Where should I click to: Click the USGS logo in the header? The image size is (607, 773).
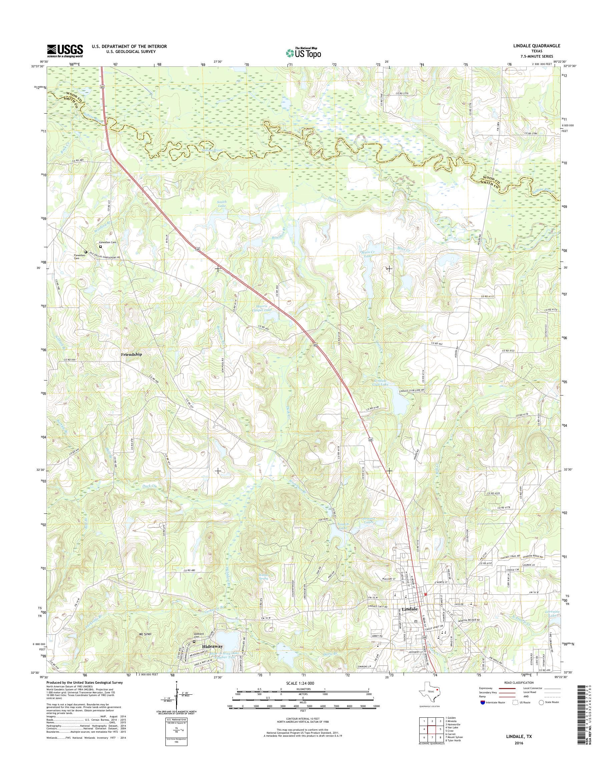click(65, 51)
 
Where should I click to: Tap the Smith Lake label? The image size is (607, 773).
click(222, 204)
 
